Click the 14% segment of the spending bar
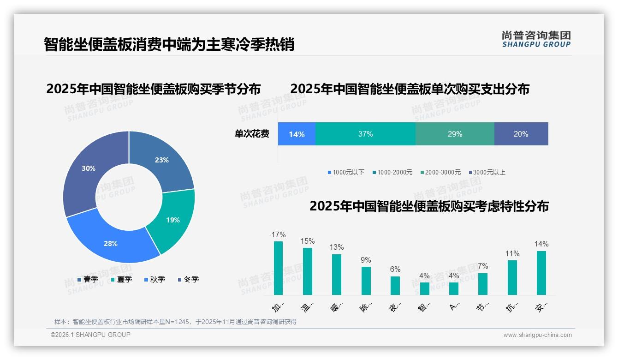click(297, 134)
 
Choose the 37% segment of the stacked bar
click(365, 134)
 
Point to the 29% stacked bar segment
click(455, 134)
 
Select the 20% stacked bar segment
click(521, 134)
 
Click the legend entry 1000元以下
click(346, 173)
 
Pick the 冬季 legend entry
click(188, 280)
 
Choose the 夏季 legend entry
click(121, 280)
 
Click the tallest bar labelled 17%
click(279, 268)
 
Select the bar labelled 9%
click(366, 281)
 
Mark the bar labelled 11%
click(512, 277)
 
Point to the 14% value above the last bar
click(541, 244)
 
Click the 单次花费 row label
click(252, 134)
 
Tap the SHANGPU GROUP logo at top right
click(536, 39)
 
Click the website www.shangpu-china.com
click(537, 335)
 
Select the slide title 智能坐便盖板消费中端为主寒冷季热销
click(169, 45)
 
